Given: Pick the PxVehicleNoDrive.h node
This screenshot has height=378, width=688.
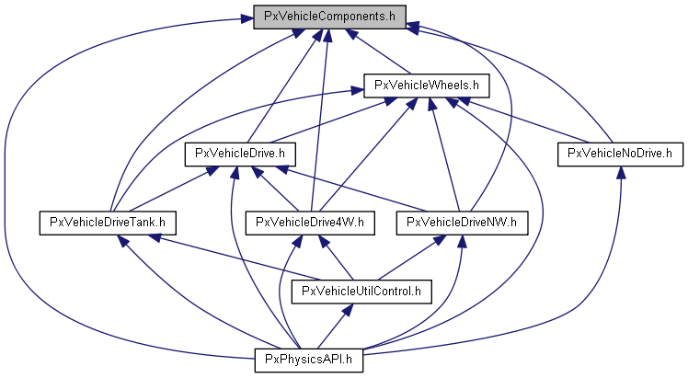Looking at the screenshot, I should click(620, 153).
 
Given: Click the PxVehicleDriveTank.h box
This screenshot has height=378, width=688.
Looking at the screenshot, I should click(107, 222).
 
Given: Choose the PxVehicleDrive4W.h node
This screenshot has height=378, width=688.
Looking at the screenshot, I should click(311, 222).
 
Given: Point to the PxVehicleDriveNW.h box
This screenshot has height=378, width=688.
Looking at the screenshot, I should click(463, 222).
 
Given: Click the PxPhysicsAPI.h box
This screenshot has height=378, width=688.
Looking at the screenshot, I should click(309, 360).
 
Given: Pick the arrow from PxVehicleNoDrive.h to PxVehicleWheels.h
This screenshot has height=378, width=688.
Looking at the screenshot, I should click(525, 120).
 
